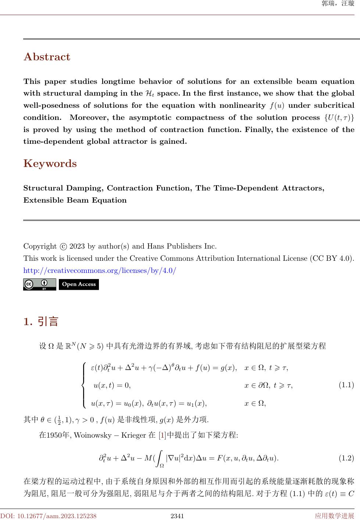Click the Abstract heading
click(47, 57)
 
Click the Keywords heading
click(50, 164)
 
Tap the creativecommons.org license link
click(100, 271)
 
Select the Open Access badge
click(79, 284)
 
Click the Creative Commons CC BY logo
click(39, 284)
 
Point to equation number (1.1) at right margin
click(346, 385)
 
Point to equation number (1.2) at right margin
click(346, 458)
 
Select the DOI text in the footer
click(48, 516)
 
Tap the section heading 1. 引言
click(41, 322)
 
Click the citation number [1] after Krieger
click(162, 435)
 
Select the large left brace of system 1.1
click(84, 385)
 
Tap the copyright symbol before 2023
click(63, 246)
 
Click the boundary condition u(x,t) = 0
click(112, 385)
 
